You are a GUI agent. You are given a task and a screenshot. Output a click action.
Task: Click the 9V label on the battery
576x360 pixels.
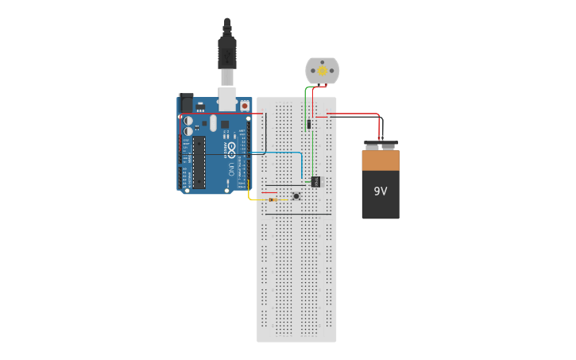tap(381, 192)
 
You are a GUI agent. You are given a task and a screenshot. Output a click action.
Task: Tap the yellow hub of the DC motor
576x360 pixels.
tap(323, 71)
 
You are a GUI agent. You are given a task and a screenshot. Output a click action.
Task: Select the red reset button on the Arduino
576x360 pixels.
tap(244, 105)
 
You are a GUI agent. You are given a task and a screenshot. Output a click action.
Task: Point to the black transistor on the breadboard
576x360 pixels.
tap(315, 181)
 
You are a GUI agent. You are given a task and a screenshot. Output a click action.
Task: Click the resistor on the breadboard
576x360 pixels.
tap(273, 199)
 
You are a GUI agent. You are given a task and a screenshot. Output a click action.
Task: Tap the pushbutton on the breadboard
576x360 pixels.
tap(296, 196)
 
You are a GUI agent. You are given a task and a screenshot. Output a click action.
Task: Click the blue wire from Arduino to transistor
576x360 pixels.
tap(278, 152)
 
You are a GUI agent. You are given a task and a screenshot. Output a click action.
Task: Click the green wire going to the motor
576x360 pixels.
tap(305, 99)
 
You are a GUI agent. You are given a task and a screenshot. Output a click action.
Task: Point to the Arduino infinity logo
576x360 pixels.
tap(231, 149)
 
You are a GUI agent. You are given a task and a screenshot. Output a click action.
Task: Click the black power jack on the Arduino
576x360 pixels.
tap(186, 103)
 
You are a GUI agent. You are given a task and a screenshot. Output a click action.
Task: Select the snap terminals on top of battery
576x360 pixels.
tap(381, 145)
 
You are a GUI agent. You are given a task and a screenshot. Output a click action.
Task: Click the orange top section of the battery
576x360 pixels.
tap(381, 161)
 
